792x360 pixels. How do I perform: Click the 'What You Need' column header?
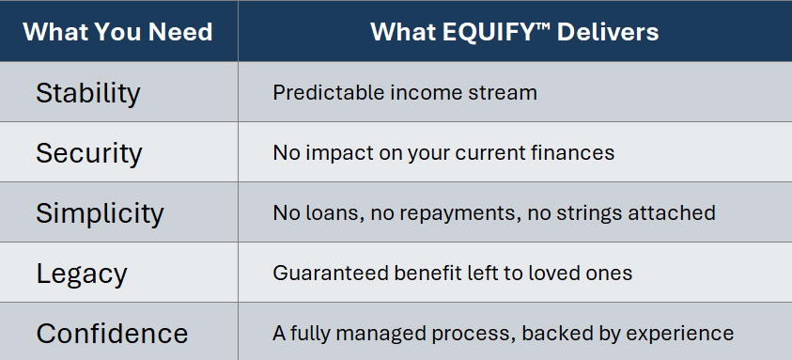(x=117, y=32)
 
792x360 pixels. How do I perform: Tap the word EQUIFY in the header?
(x=489, y=32)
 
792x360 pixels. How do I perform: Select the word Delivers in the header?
(x=608, y=32)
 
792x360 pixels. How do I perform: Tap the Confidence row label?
(x=112, y=334)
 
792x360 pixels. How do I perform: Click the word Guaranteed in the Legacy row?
(x=331, y=273)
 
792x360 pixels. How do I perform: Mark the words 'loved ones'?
(x=581, y=273)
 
